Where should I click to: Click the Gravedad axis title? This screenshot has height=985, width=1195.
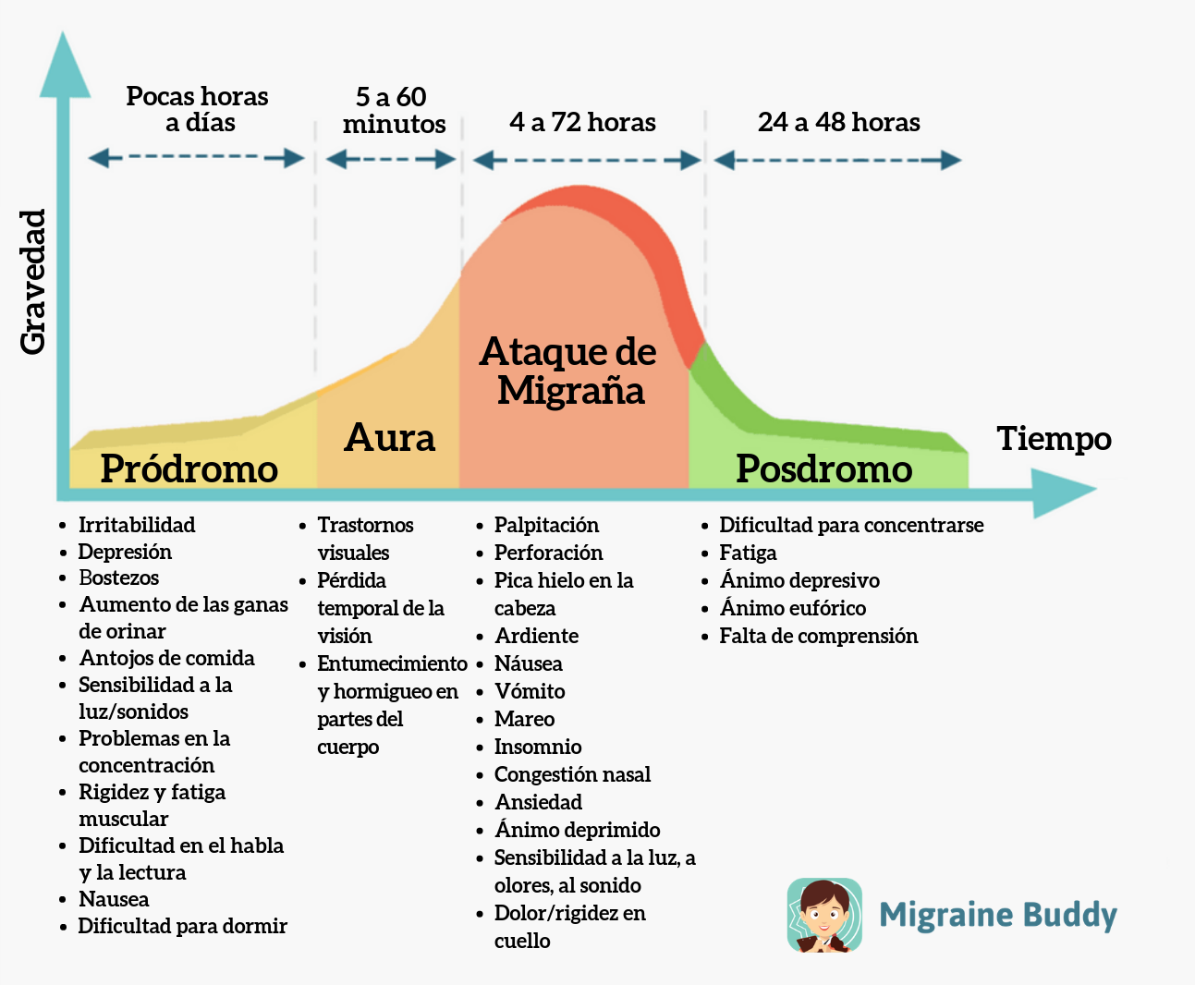33,282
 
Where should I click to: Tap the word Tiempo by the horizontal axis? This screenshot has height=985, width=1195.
1054,438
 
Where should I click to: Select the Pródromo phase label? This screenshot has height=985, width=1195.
189,468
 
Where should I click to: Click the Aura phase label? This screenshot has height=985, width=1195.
389,437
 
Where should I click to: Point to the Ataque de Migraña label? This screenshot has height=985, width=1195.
569,371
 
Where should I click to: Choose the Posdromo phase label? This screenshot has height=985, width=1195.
823,468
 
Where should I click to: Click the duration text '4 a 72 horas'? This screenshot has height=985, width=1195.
582,122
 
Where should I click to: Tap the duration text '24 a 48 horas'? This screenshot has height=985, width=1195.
838,122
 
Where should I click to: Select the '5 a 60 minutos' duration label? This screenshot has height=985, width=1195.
393,110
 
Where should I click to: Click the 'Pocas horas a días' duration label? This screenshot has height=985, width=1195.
198,109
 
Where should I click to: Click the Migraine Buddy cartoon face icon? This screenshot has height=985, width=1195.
824,915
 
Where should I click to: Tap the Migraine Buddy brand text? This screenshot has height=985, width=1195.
998,915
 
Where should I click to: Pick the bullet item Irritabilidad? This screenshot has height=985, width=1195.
137,525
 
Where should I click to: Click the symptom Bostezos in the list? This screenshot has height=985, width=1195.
119,578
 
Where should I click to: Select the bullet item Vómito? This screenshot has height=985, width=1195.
530,691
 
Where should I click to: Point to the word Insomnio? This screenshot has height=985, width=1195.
538,747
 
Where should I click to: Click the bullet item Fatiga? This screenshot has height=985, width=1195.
748,553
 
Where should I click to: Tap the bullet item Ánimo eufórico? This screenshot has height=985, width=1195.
793,608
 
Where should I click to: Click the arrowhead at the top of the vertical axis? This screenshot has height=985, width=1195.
64,65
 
